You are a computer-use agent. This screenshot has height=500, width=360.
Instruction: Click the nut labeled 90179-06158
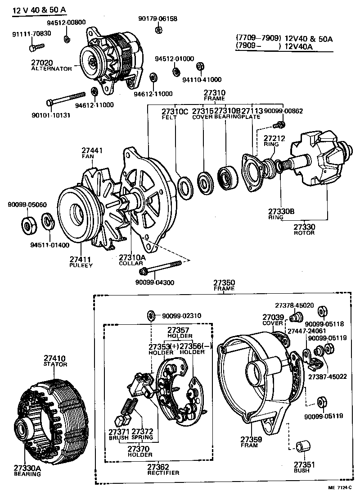click(159, 30)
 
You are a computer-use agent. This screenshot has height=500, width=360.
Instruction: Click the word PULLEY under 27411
click(81, 265)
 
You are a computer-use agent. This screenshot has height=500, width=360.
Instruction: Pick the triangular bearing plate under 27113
click(252, 170)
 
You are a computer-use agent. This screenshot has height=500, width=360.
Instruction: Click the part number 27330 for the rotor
click(305, 227)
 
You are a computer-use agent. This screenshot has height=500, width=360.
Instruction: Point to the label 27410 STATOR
click(55, 361)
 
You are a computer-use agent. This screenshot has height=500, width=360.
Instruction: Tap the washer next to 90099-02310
click(151, 315)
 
